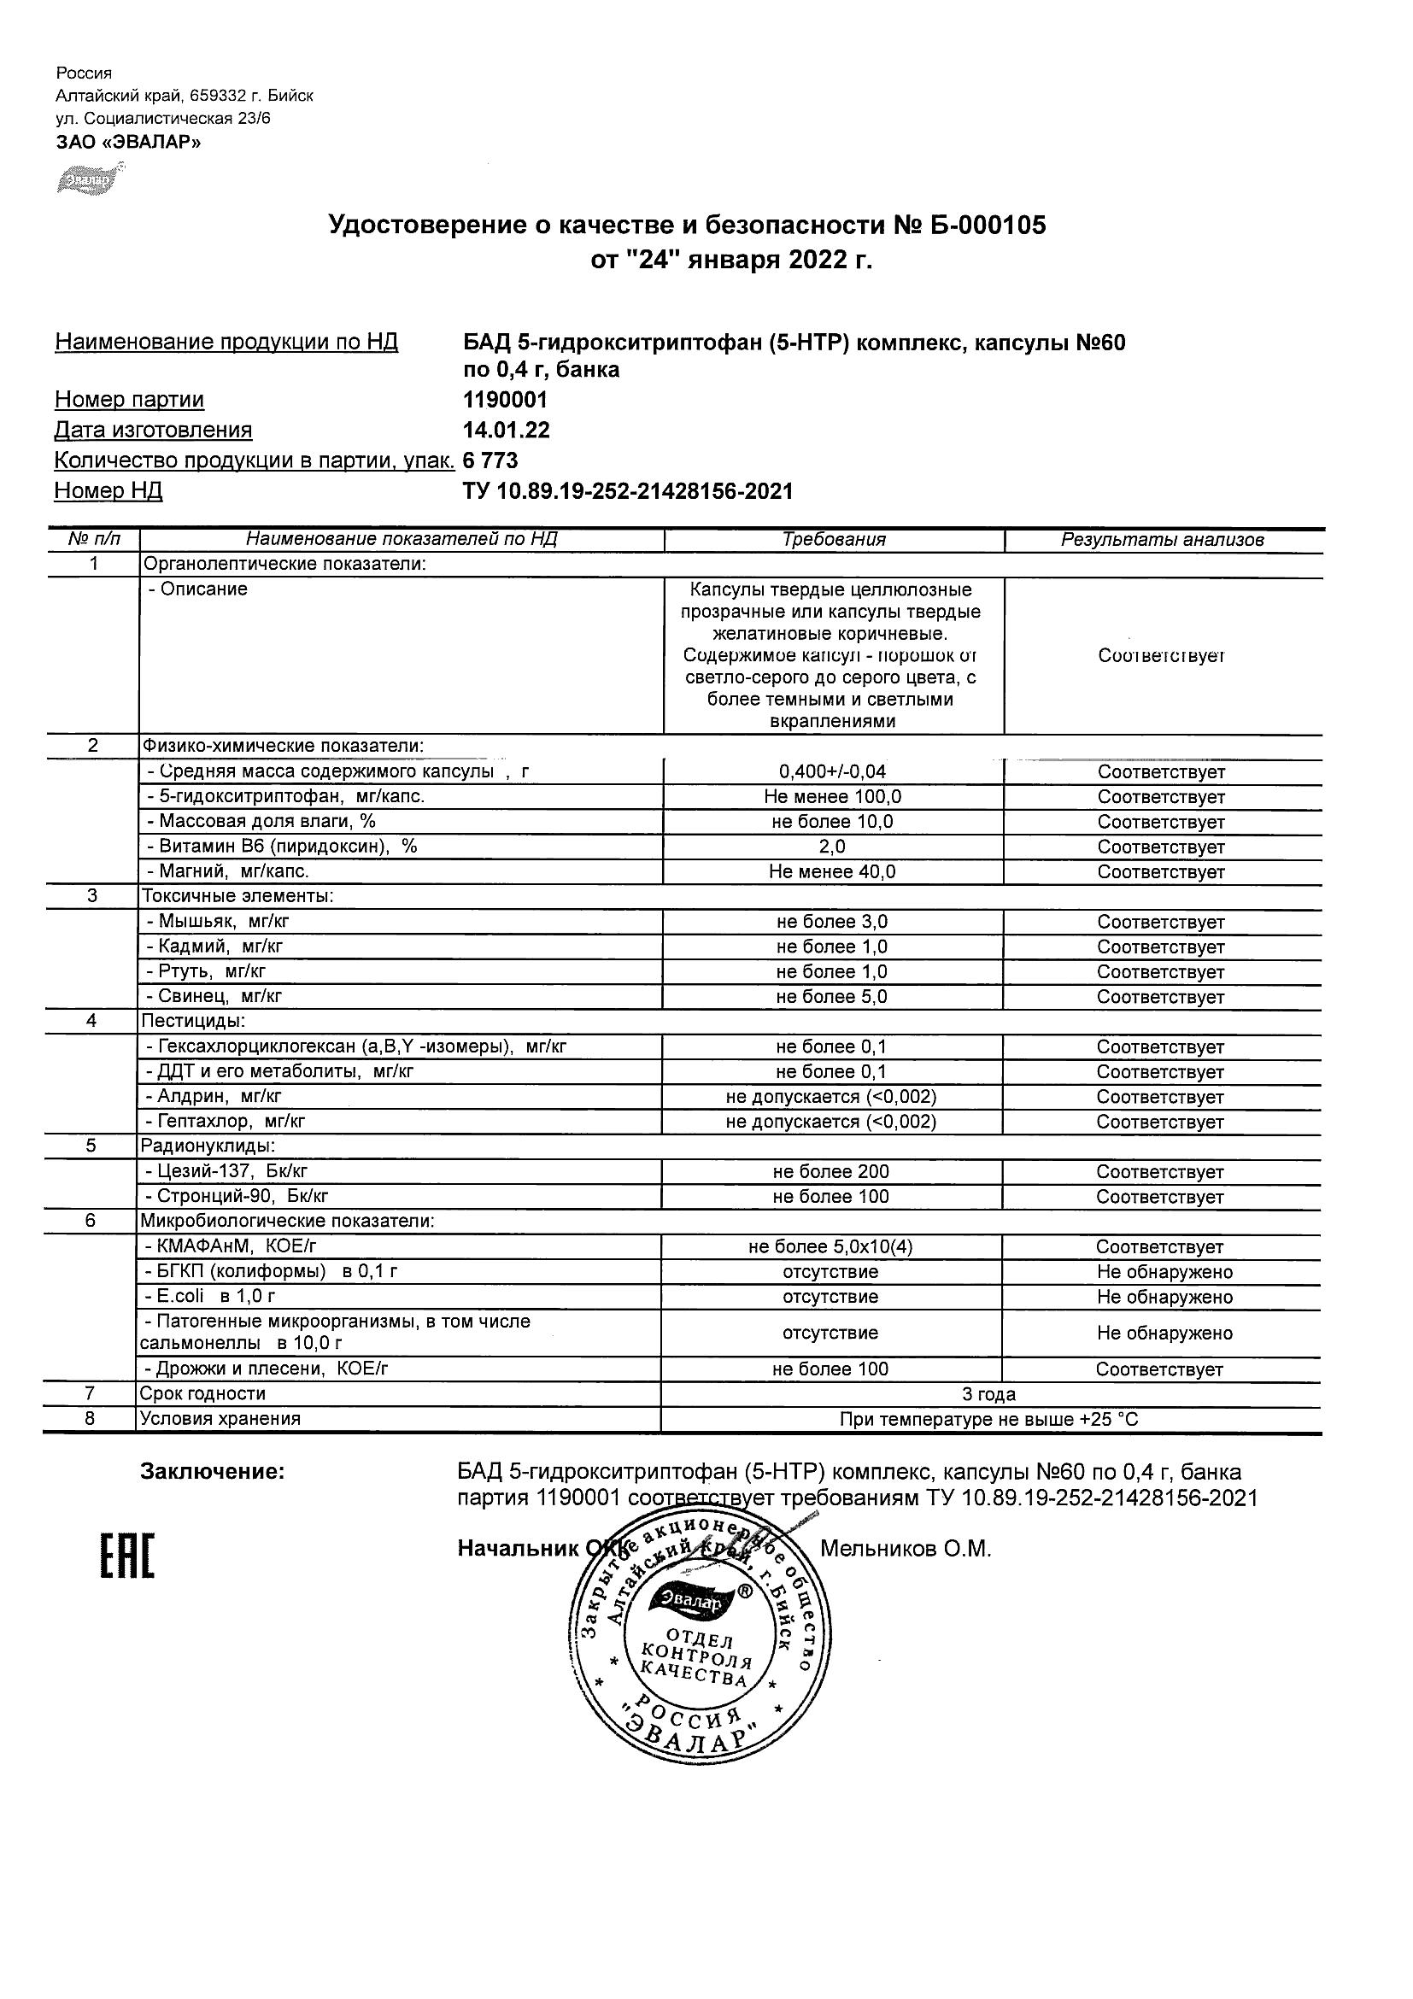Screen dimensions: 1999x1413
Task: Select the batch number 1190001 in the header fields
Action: coord(505,400)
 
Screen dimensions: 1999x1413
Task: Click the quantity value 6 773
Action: coord(490,460)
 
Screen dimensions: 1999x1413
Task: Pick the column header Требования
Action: coord(833,539)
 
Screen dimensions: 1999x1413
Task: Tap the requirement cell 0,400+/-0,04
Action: coord(832,771)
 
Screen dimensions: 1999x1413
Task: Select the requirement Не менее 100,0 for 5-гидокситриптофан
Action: coord(832,797)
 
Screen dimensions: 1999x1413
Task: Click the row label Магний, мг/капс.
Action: coord(228,871)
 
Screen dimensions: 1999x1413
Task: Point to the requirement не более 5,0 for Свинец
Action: coord(831,997)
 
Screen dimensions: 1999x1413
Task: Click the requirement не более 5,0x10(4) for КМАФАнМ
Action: coord(830,1246)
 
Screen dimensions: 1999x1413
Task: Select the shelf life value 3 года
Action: coord(988,1394)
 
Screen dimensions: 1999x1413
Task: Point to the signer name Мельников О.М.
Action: coord(906,1549)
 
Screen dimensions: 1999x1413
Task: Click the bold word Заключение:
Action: coord(213,1472)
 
